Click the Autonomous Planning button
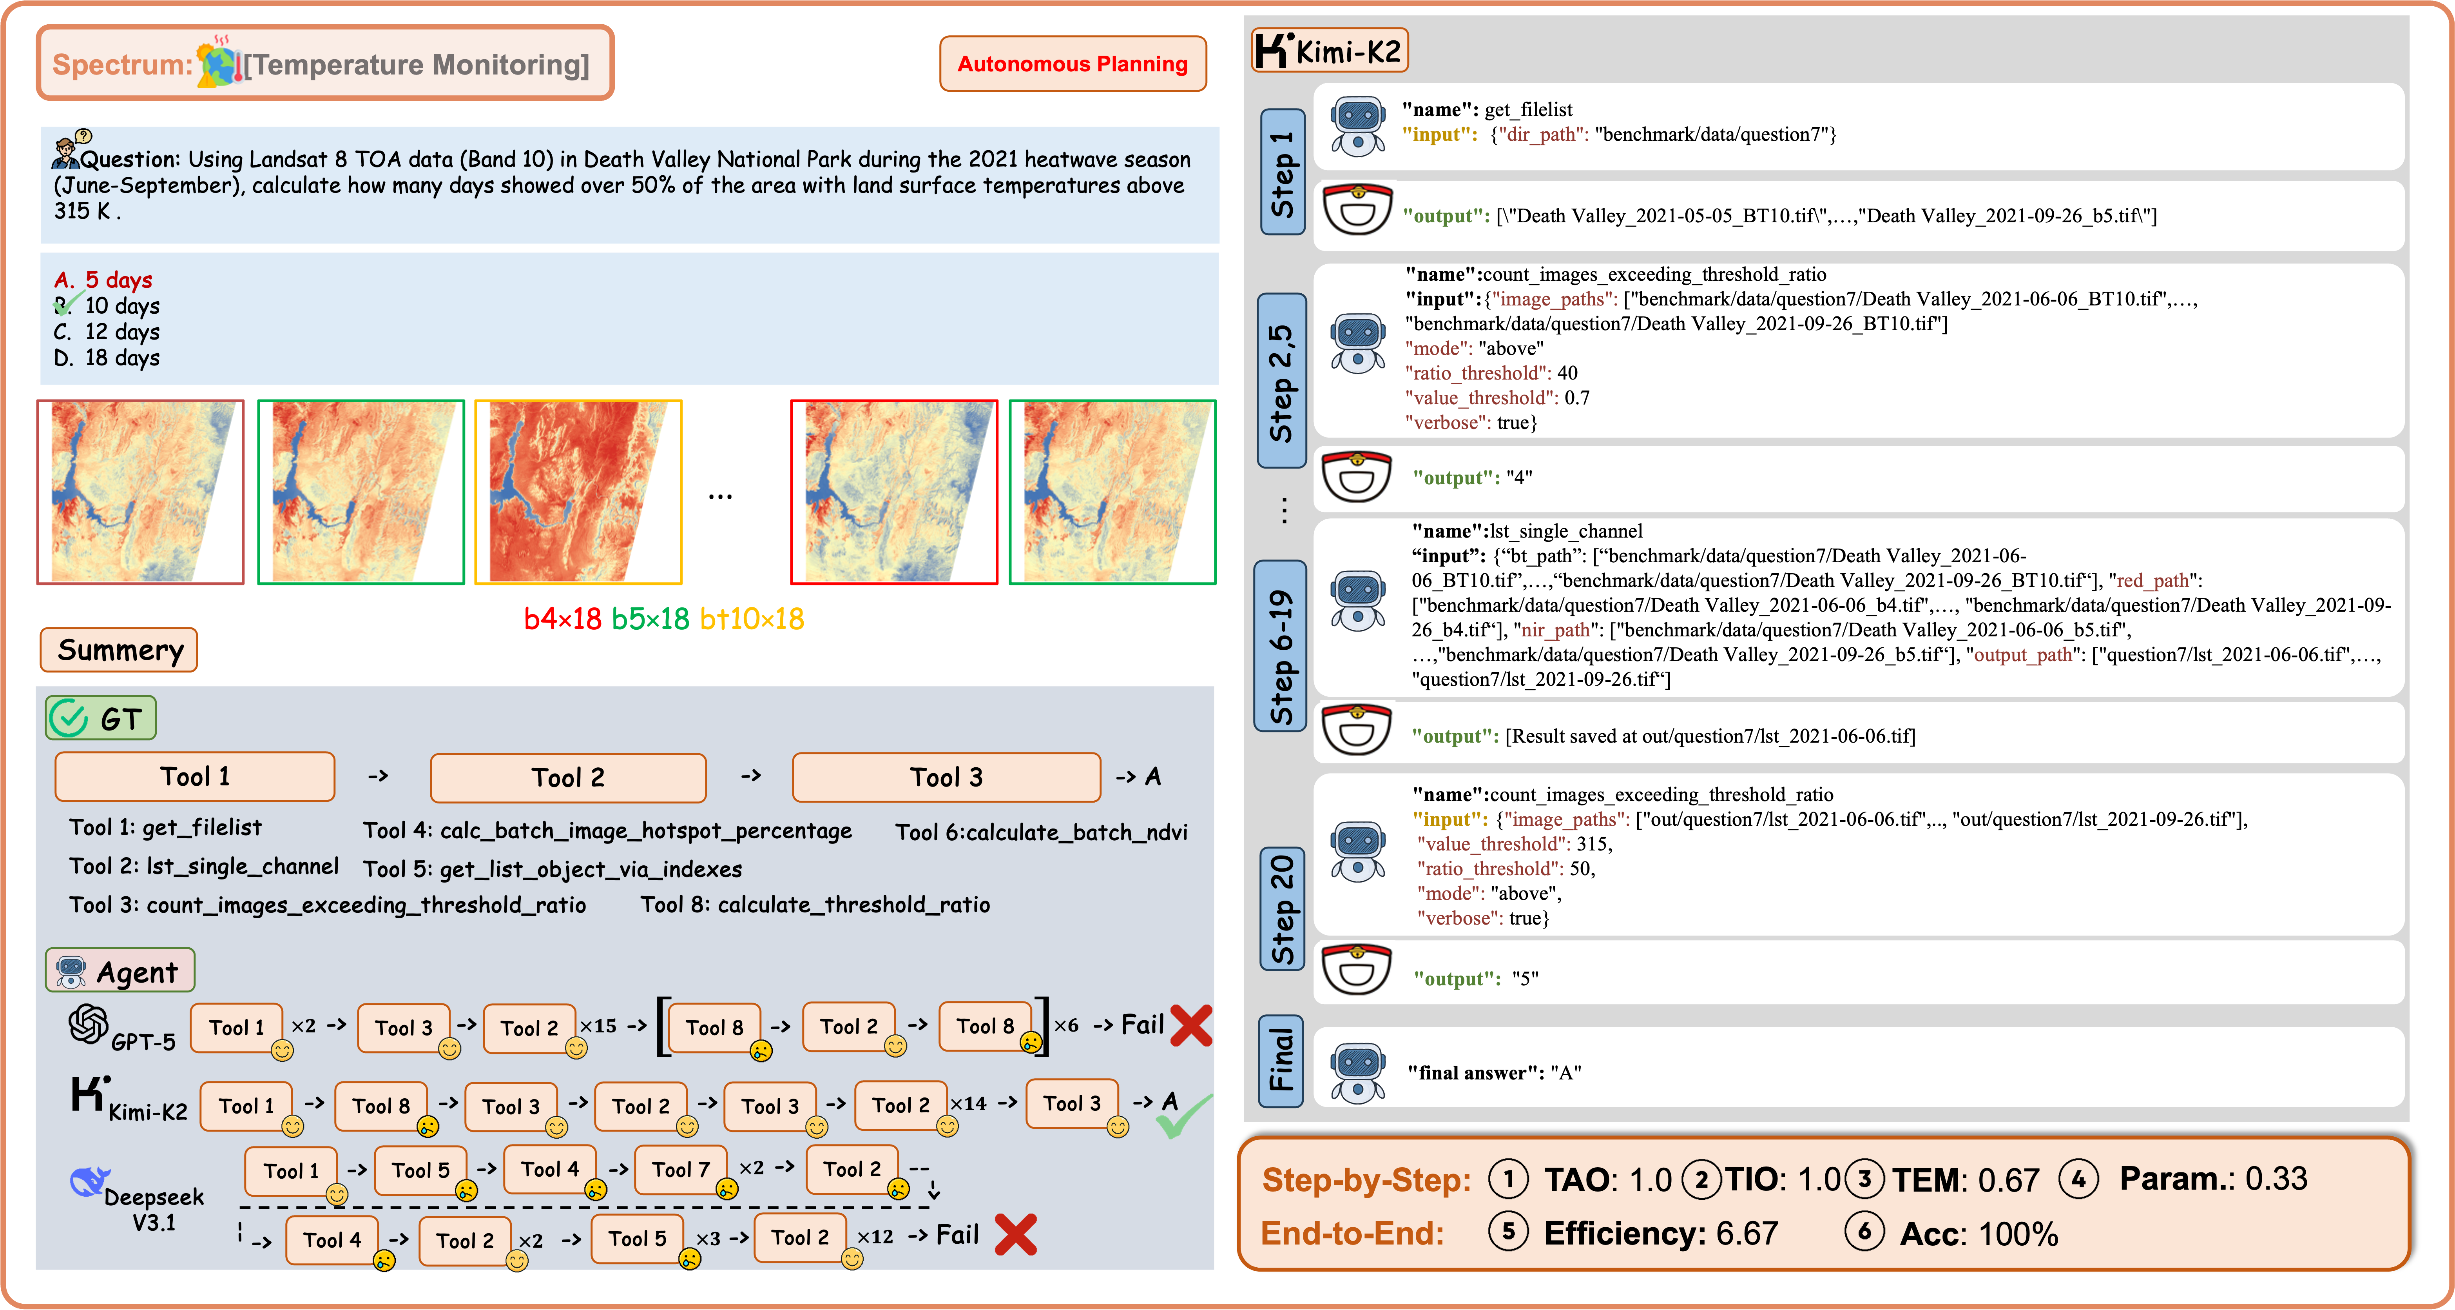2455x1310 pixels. (x=1072, y=64)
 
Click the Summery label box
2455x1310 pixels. (x=119, y=650)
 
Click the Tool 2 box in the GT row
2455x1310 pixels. (x=568, y=777)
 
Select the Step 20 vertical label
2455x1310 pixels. (x=1283, y=908)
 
